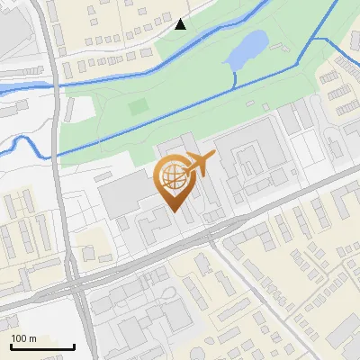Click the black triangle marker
pos(181,24)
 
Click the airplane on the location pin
pos(201,163)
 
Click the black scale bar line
pos(41,347)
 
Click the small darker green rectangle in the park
pos(137,106)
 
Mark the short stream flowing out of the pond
pos(235,79)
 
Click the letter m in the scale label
pos(32,338)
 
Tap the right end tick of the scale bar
pos(74,346)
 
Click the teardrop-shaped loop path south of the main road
pos(167,296)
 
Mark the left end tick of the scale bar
pos(10,346)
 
